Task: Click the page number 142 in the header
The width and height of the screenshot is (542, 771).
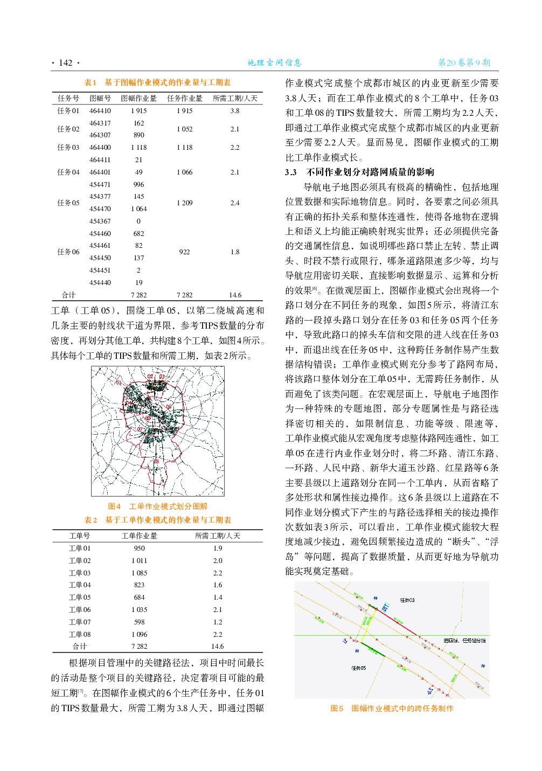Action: point(66,63)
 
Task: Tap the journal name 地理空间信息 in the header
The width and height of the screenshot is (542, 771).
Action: point(274,62)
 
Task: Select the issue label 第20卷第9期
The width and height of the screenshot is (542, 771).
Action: point(464,62)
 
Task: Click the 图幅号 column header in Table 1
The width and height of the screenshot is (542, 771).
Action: point(100,98)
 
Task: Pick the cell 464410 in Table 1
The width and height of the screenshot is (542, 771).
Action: point(100,110)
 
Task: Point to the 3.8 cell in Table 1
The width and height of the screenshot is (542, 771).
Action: point(235,110)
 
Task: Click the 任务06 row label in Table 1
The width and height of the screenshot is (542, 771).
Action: point(68,252)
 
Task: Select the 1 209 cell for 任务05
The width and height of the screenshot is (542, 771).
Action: point(184,203)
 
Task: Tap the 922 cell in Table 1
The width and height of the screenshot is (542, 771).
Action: point(184,252)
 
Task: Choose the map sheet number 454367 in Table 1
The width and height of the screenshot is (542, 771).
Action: point(100,221)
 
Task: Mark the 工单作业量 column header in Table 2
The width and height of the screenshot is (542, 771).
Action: point(139,536)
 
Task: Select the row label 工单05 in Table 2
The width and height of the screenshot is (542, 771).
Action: point(80,597)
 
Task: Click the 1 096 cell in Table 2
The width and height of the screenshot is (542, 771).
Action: point(139,634)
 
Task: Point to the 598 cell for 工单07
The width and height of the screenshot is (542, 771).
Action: point(139,622)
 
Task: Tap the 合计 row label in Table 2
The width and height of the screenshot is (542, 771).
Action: point(80,646)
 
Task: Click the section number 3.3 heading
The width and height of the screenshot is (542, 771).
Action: point(291,172)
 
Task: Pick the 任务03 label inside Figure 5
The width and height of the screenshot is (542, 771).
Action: point(407,600)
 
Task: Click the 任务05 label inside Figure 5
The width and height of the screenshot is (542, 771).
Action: point(358,668)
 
